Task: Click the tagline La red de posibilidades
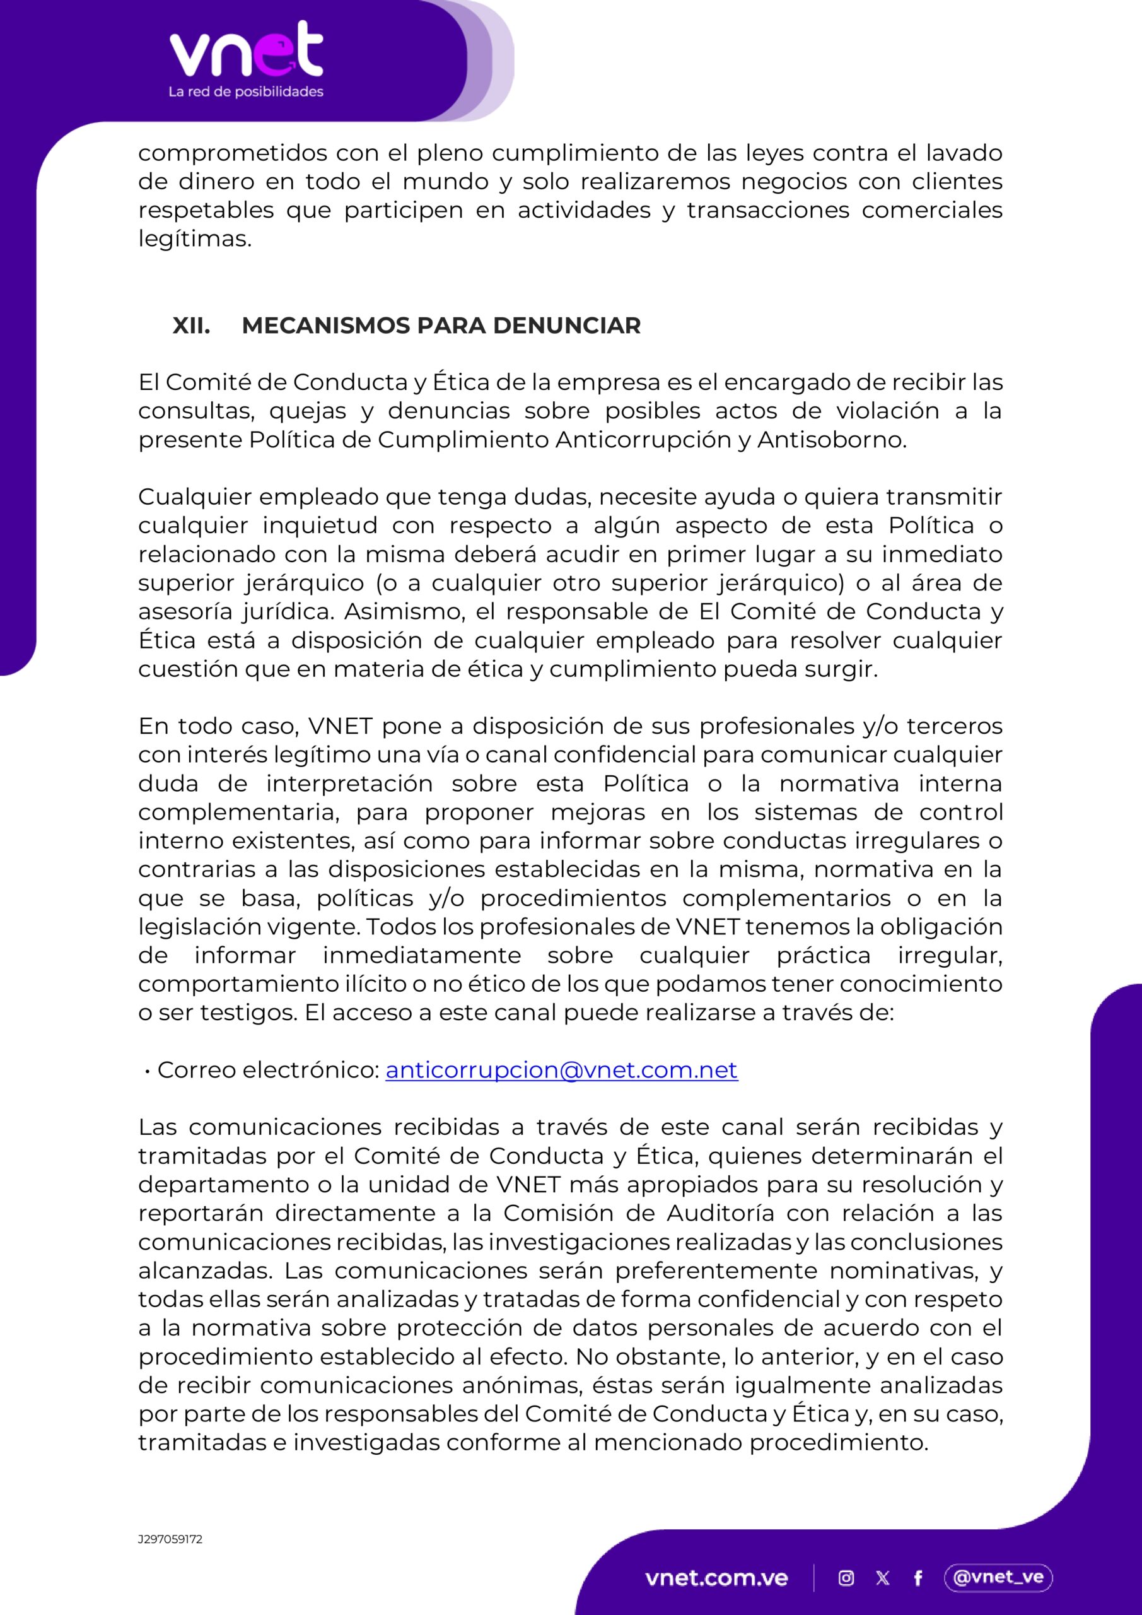pyautogui.click(x=245, y=91)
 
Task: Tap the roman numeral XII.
pyautogui.click(x=191, y=326)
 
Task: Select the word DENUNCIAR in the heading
pyautogui.click(x=566, y=326)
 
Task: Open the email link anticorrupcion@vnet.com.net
pyautogui.click(x=561, y=1070)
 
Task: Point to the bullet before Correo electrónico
pyautogui.click(x=148, y=1071)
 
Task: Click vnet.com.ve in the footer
pyautogui.click(x=716, y=1578)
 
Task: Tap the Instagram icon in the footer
pyautogui.click(x=847, y=1578)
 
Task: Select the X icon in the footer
pyautogui.click(x=883, y=1578)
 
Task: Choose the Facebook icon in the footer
pyautogui.click(x=918, y=1578)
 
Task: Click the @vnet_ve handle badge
pyautogui.click(x=998, y=1577)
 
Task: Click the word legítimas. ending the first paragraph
pyautogui.click(x=195, y=239)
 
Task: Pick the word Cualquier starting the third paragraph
pyautogui.click(x=195, y=497)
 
